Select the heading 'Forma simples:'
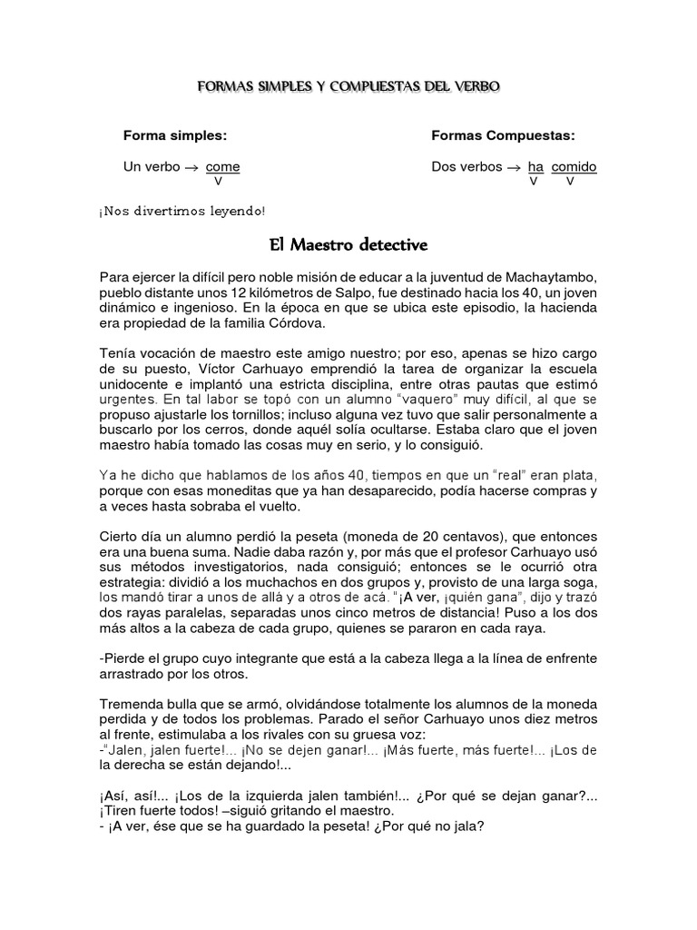174,135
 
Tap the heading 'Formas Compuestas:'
503,135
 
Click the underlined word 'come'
222,167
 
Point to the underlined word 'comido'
574,167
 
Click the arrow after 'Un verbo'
191,168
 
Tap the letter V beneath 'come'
219,182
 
